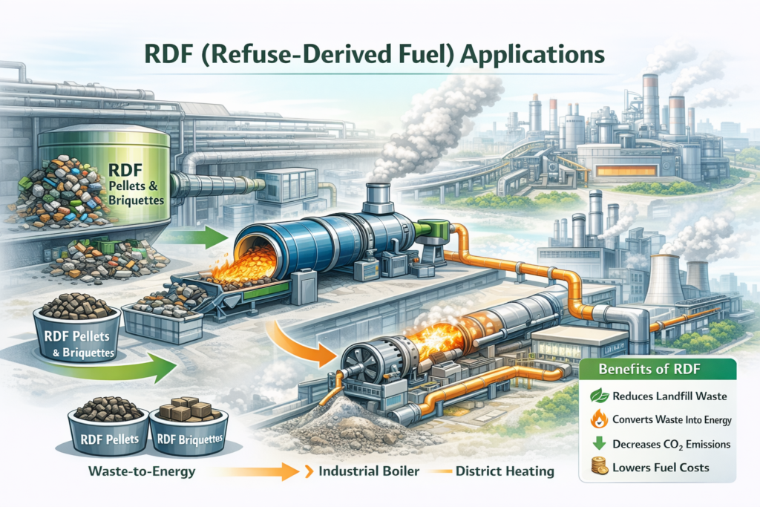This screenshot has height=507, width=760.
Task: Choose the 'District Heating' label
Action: point(505,471)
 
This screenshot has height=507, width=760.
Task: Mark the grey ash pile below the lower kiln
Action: point(349,419)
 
